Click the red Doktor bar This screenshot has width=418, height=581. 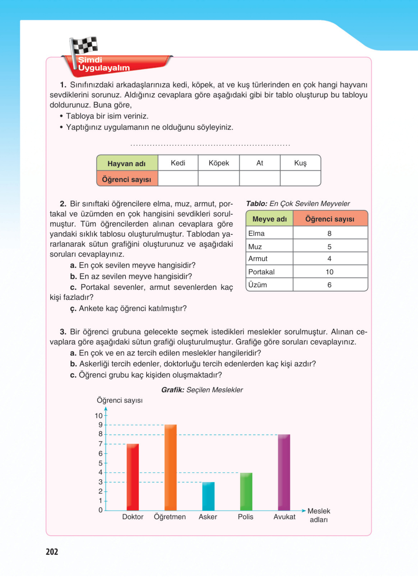tap(133, 477)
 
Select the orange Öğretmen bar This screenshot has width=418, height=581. tap(171, 468)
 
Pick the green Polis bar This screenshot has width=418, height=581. tap(246, 492)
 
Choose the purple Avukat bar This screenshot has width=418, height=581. tap(284, 473)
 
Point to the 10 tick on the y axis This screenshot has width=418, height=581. tap(99, 416)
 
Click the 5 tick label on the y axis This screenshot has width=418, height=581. tap(100, 463)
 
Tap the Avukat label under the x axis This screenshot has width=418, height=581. tap(284, 517)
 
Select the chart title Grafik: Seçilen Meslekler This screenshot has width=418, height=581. tap(202, 390)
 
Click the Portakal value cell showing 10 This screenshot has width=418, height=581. tap(330, 272)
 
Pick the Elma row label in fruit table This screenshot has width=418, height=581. tap(257, 233)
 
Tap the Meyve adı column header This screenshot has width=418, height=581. tap(269, 219)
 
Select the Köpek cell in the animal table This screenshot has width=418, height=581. tap(219, 163)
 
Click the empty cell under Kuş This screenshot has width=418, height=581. tap(300, 178)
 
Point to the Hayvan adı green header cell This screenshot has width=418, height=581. tap(127, 163)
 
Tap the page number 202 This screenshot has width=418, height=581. tap(52, 552)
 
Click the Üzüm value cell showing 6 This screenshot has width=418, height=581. tap(330, 285)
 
